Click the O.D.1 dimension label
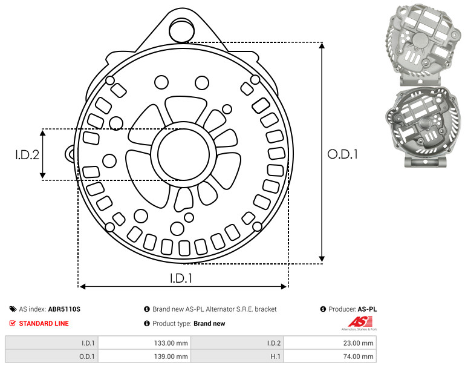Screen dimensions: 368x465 point(342,154)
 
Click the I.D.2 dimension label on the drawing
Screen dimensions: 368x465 point(27,154)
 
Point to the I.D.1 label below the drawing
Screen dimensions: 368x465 point(181,278)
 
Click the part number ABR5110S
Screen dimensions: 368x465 point(64,309)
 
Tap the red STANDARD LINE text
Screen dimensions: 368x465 point(44,323)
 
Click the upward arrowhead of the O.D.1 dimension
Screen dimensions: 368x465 point(322,47)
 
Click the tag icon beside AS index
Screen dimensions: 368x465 point(13,309)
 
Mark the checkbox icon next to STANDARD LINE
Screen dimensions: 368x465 point(13,323)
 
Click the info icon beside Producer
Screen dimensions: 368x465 point(323,309)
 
